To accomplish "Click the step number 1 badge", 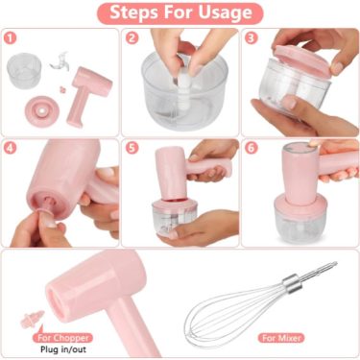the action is click(x=11, y=38).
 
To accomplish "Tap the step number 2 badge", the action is click(x=132, y=38).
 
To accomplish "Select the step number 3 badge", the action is click(x=252, y=38).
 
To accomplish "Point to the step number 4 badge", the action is click(x=11, y=148).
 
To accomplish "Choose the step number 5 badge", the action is click(x=132, y=148).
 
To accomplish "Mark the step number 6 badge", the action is click(x=252, y=148).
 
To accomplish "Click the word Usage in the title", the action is click(x=226, y=12).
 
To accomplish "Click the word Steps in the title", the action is click(x=133, y=12).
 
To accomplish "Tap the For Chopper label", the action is click(x=62, y=338).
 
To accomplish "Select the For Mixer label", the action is click(x=281, y=338).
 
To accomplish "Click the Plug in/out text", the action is click(x=63, y=349).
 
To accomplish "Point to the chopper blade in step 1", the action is click(x=60, y=62).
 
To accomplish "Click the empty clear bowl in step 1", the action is click(x=24, y=71).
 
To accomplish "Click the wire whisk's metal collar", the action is click(x=292, y=283).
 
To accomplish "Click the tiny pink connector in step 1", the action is click(x=62, y=89).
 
